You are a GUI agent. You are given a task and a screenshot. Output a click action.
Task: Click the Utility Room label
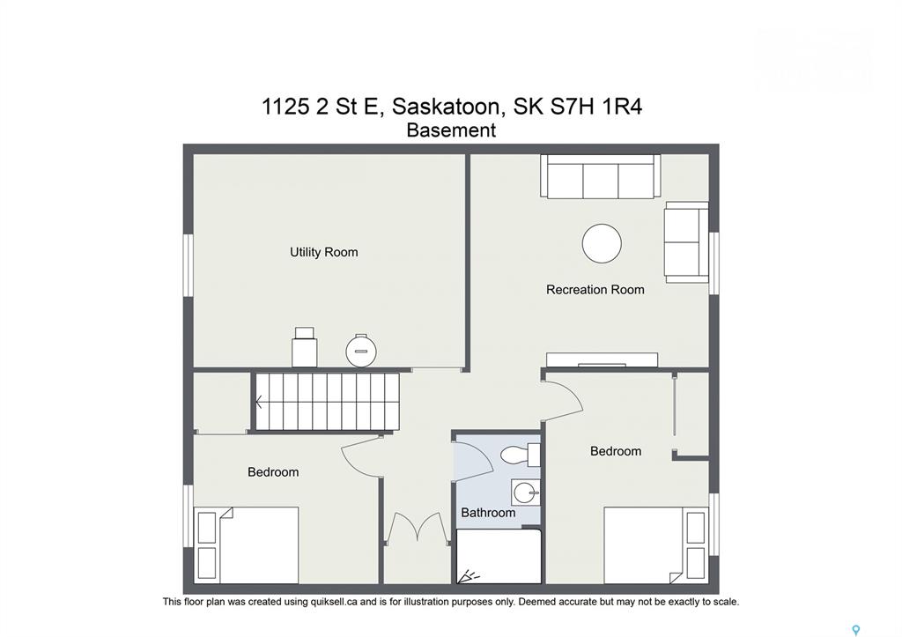click(x=323, y=252)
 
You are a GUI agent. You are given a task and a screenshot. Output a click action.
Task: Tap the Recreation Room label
click(x=595, y=290)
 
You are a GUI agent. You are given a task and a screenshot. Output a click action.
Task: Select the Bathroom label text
click(x=488, y=512)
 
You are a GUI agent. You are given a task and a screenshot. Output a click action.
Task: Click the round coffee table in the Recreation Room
click(x=602, y=243)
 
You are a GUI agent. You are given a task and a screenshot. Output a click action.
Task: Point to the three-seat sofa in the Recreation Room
click(x=600, y=176)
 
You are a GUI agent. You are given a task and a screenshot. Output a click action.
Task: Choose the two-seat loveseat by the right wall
click(x=686, y=242)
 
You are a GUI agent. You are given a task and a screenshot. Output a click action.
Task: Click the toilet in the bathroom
click(x=520, y=456)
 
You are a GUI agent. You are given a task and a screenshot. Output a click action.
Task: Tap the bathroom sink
click(x=525, y=493)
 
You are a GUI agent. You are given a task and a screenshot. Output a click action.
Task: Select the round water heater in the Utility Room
click(x=360, y=351)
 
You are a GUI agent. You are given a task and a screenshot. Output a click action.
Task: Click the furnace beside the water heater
click(x=304, y=347)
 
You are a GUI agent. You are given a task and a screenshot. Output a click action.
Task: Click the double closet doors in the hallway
click(x=417, y=527)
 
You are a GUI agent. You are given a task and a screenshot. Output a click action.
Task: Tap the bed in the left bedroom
click(x=248, y=545)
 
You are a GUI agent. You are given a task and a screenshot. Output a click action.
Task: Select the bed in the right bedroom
click(x=655, y=545)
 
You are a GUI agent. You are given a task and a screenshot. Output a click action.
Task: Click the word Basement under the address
click(x=451, y=130)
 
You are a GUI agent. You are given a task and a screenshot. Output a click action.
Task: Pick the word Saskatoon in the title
click(x=446, y=107)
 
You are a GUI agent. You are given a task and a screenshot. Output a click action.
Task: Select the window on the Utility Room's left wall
click(x=188, y=265)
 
